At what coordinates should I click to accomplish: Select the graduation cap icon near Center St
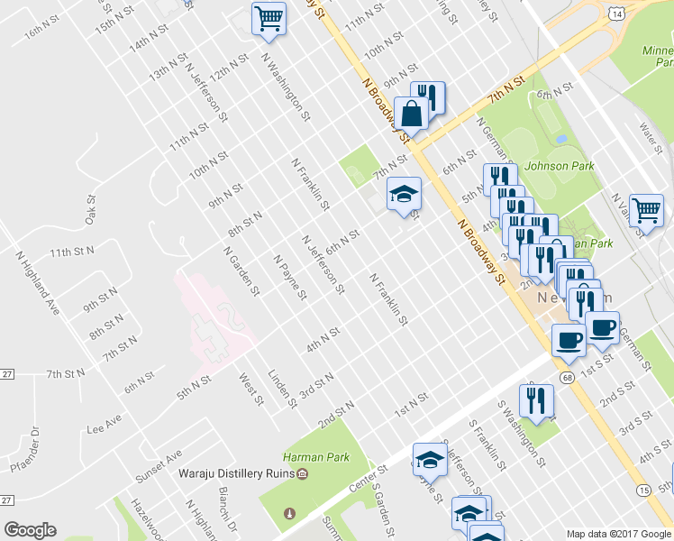430,460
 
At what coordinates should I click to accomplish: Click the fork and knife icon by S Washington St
536,400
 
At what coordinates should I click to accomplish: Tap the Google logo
30,530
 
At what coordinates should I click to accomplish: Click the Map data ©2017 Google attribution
618,534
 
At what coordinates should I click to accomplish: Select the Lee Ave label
102,425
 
